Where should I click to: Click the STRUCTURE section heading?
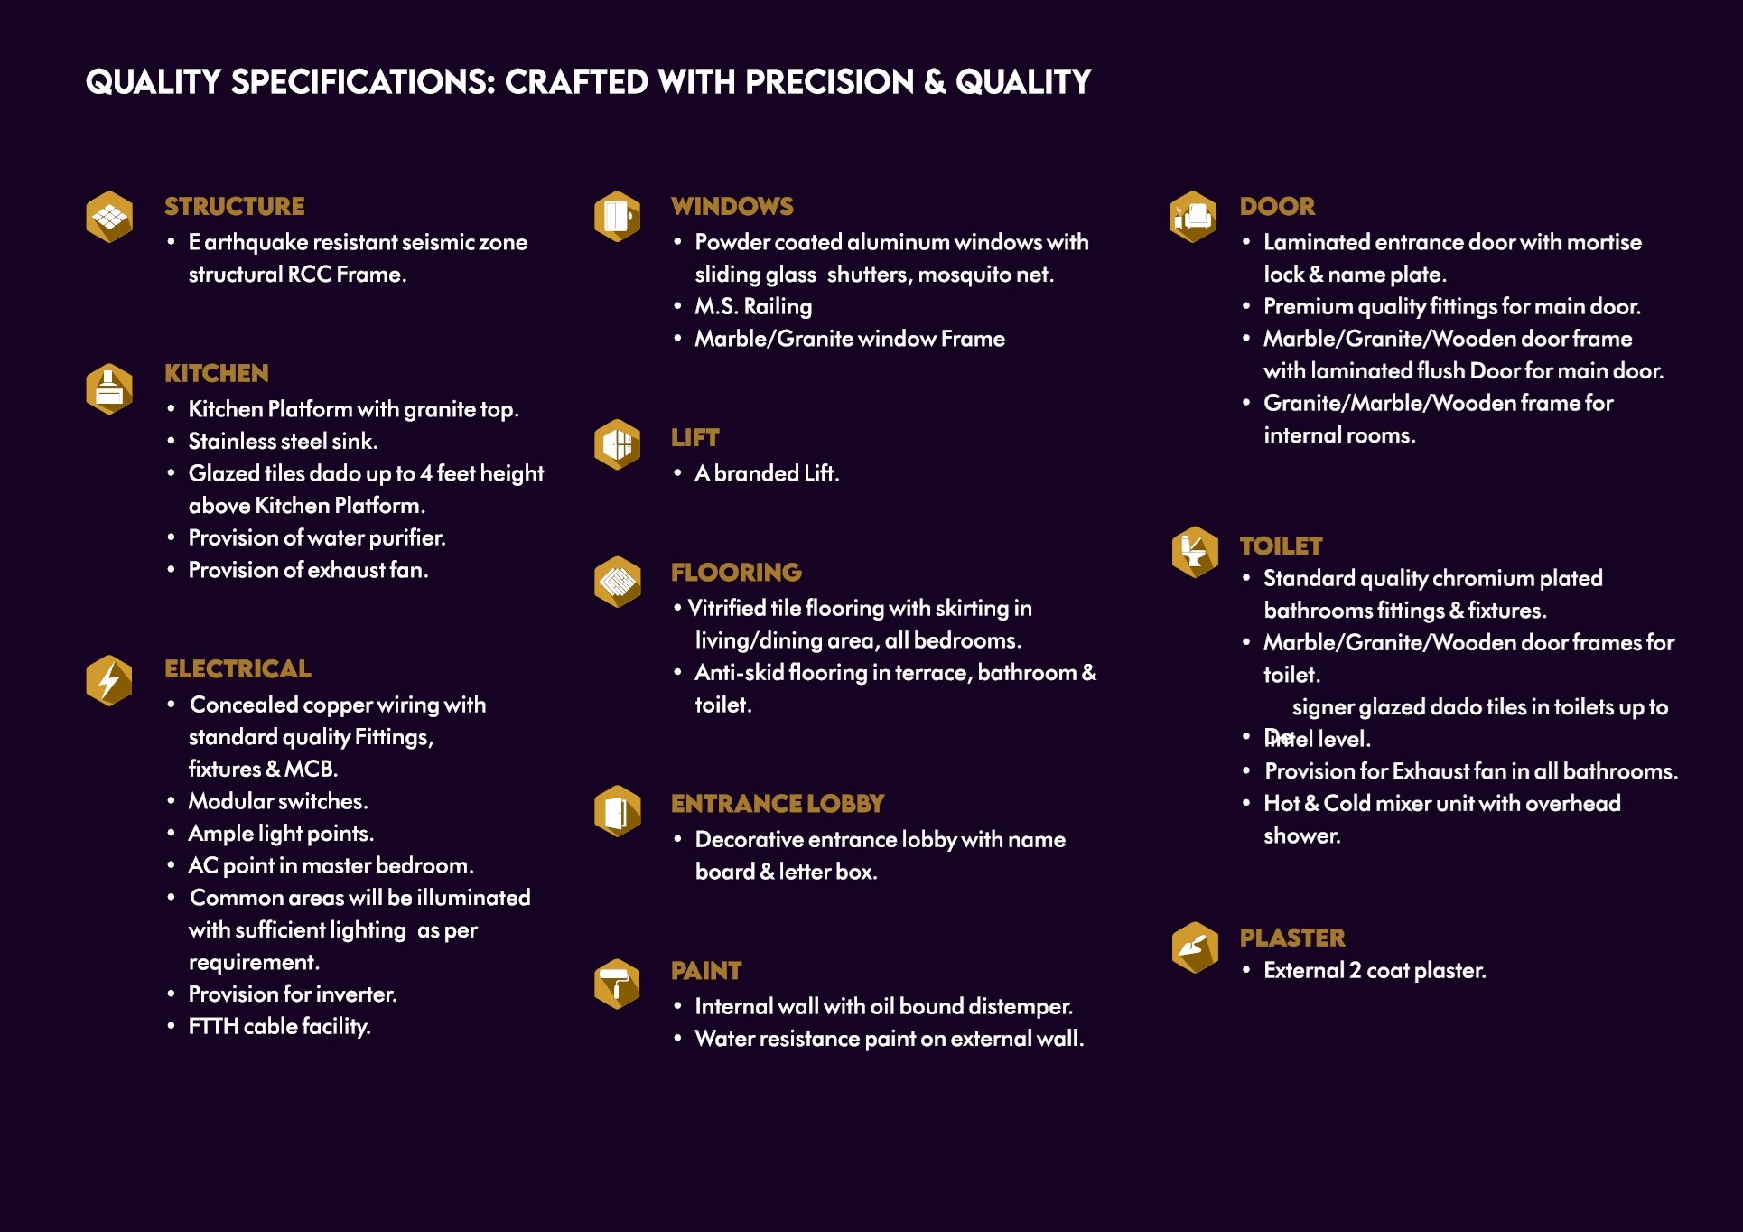pyautogui.click(x=234, y=207)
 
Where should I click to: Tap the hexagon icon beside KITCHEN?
pyautogui.click(x=109, y=389)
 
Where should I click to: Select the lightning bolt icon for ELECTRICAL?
pyautogui.click(x=109, y=680)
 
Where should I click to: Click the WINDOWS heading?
pyautogui.click(x=732, y=207)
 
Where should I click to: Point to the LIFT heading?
pyautogui.click(x=694, y=438)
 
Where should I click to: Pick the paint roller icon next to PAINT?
pyautogui.click(x=617, y=984)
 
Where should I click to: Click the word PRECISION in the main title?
pyautogui.click(x=829, y=82)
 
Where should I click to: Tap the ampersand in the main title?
pyautogui.click(x=935, y=82)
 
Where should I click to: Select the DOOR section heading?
pyautogui.click(x=1277, y=207)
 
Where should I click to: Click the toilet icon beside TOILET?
pyautogui.click(x=1194, y=551)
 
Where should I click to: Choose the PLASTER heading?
pyautogui.click(x=1291, y=938)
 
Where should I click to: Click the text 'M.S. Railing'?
pyautogui.click(x=753, y=307)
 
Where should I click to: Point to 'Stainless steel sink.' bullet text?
pyautogui.click(x=283, y=442)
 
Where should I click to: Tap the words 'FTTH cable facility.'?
pyautogui.click(x=279, y=1027)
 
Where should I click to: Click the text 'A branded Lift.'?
pyautogui.click(x=767, y=473)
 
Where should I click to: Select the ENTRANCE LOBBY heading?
pyautogui.click(x=777, y=804)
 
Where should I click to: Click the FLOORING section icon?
pyautogui.click(x=617, y=581)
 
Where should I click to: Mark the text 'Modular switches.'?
pyautogui.click(x=278, y=802)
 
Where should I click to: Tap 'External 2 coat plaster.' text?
pyautogui.click(x=1375, y=971)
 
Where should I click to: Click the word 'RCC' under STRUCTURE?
pyautogui.click(x=309, y=275)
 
